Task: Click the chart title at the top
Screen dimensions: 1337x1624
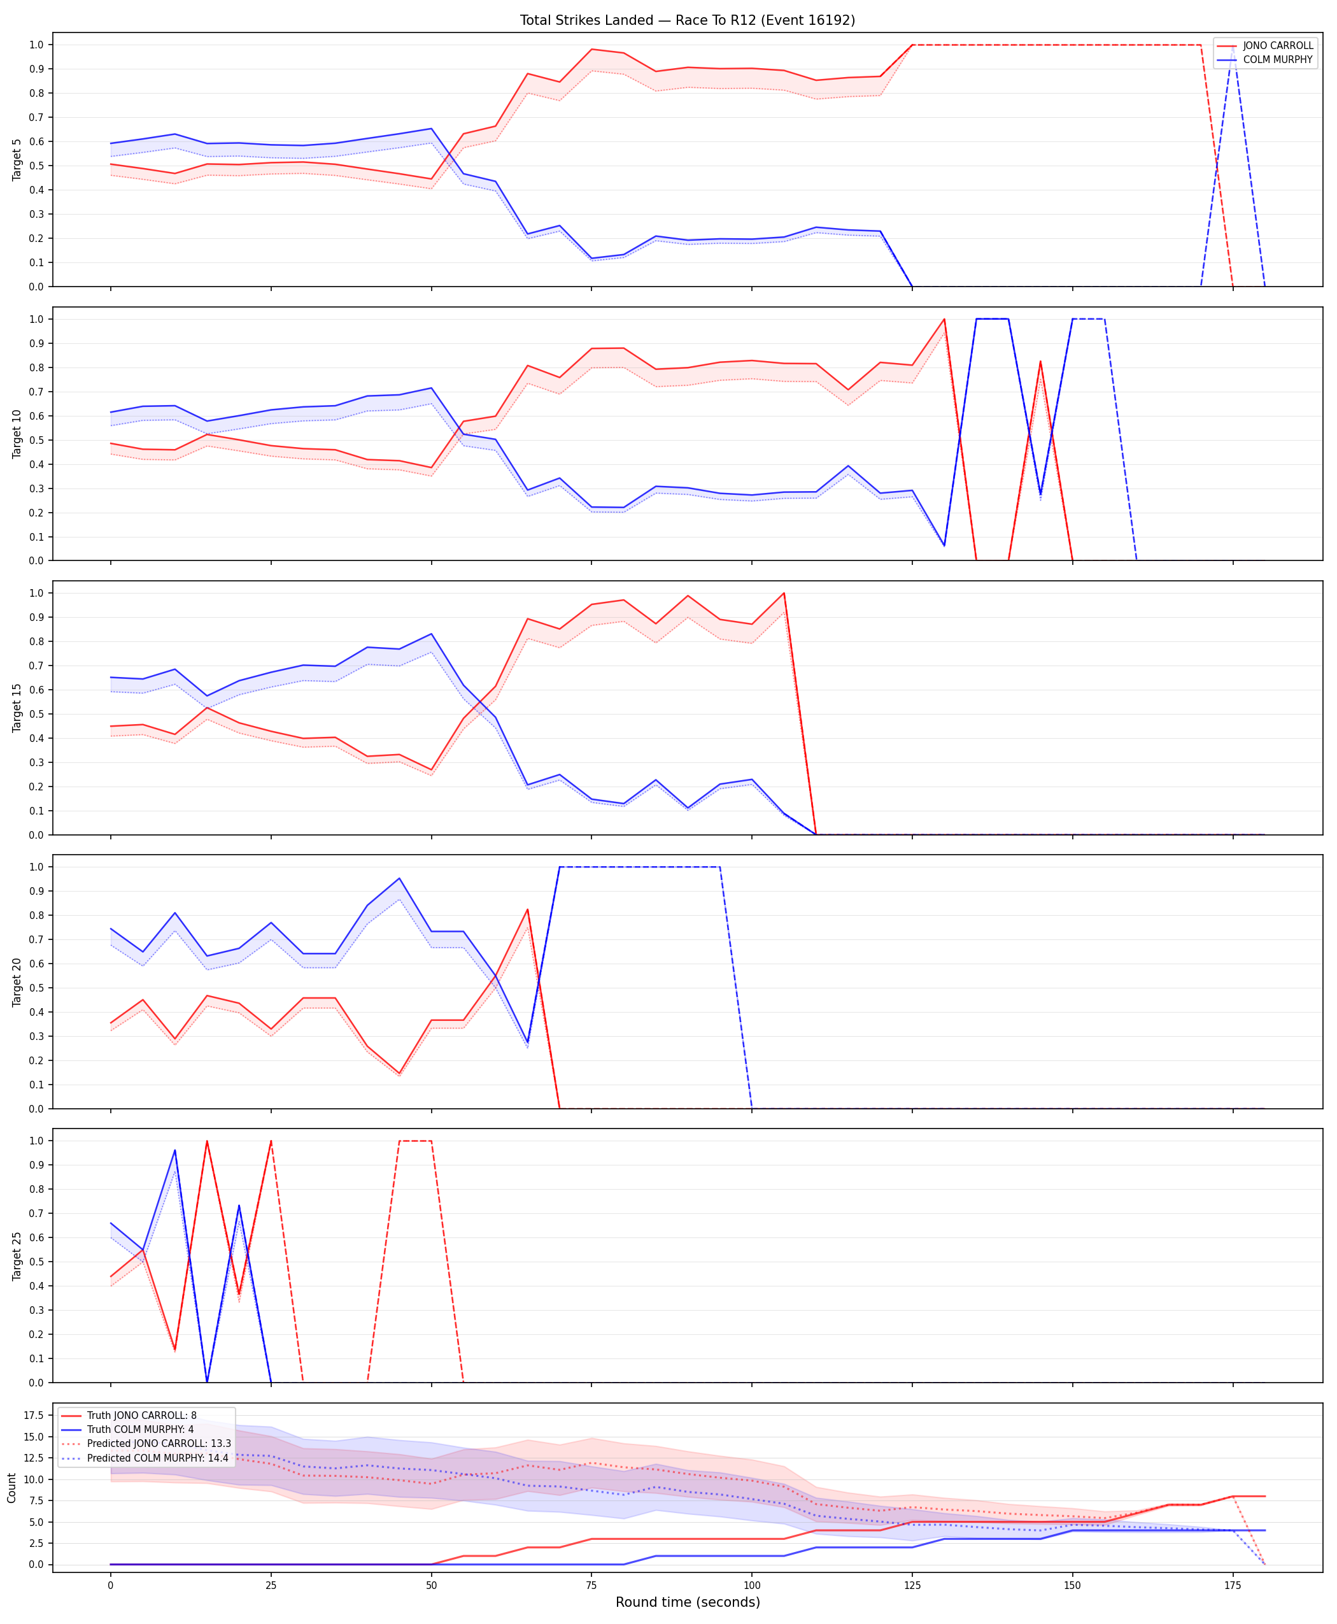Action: (687, 20)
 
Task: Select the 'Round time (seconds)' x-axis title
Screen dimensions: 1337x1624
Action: (688, 1602)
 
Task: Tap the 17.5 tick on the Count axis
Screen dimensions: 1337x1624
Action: (33, 1415)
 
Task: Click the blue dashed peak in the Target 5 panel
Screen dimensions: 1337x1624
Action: (1233, 45)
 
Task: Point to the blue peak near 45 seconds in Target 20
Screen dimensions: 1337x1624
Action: (399, 879)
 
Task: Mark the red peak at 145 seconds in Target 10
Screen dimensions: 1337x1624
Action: (1040, 361)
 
